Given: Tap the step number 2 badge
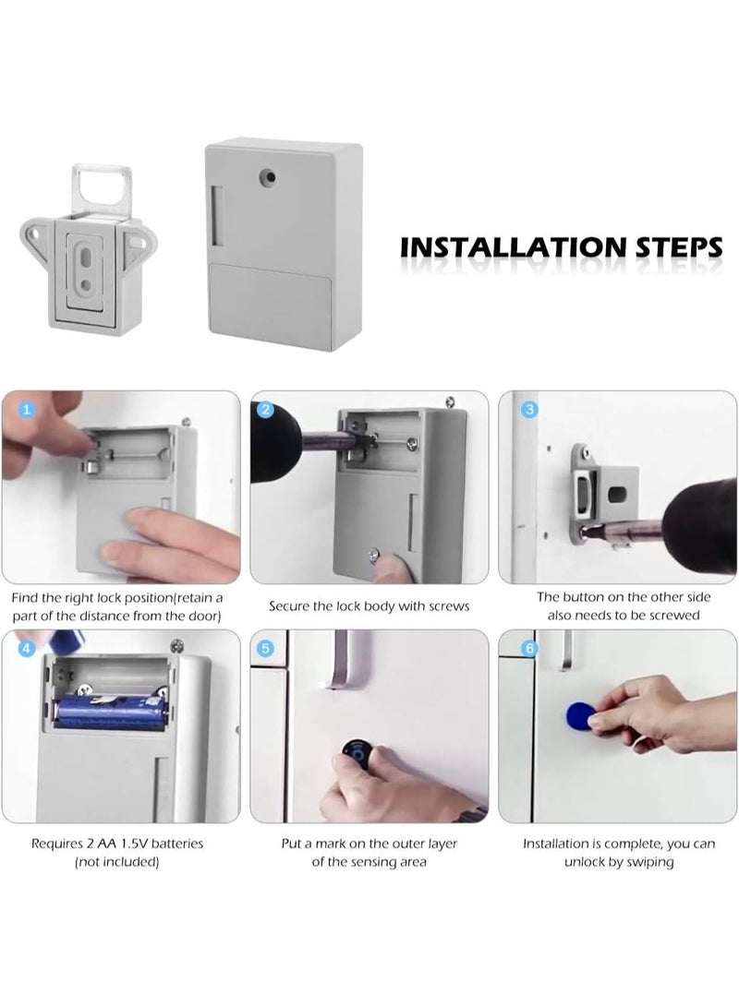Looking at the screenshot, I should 267,409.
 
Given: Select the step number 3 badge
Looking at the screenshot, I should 528,409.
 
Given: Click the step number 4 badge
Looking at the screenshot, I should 27,649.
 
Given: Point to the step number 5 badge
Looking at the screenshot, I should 267,649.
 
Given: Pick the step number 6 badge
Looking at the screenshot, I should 528,649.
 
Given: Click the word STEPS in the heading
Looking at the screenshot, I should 677,247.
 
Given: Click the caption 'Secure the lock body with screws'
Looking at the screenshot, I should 369,606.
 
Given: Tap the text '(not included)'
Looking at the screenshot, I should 116,861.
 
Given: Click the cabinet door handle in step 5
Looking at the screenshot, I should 345,659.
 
